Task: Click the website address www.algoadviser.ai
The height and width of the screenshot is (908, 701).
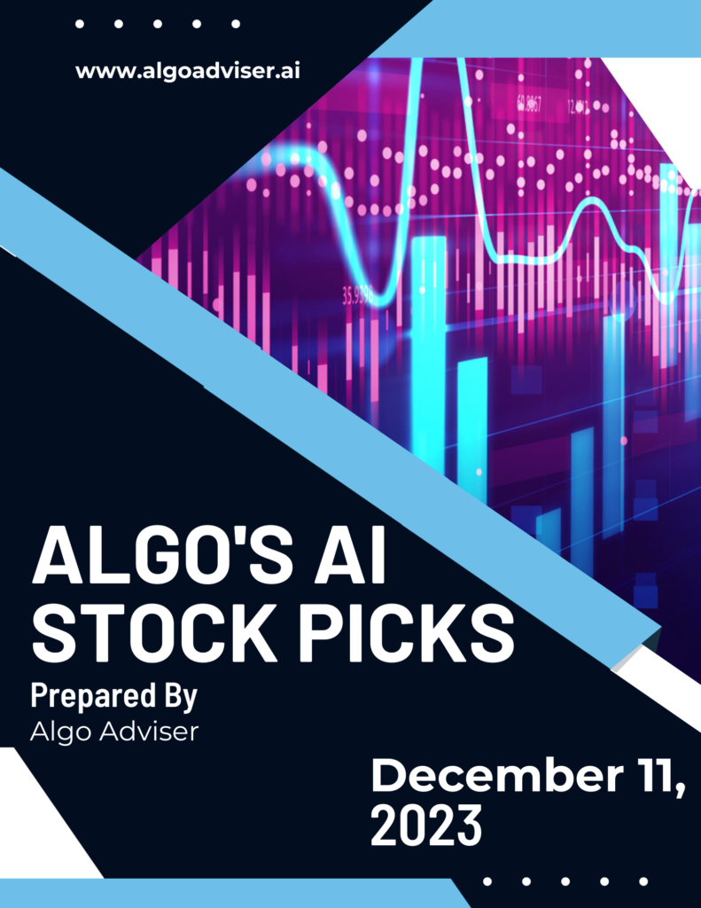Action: (188, 71)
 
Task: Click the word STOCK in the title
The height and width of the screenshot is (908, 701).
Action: (152, 633)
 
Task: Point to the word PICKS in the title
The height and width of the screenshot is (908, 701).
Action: (406, 633)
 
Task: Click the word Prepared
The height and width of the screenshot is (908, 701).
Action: (93, 696)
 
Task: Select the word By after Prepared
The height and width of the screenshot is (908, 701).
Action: (181, 696)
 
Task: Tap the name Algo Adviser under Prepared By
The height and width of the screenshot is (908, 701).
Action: (114, 732)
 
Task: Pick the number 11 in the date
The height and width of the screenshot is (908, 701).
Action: (657, 776)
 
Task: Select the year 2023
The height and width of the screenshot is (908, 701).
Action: (426, 825)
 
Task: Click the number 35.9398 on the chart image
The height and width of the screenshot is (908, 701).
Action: (358, 296)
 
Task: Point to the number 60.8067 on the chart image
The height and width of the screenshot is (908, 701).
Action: (529, 105)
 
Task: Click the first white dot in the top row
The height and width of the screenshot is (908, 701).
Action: (80, 24)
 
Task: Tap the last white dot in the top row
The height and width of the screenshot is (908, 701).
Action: (236, 24)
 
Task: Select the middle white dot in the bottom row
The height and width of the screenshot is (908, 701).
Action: (565, 881)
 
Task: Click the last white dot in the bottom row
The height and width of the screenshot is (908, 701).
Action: (643, 881)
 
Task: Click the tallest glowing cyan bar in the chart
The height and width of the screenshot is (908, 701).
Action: (428, 348)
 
